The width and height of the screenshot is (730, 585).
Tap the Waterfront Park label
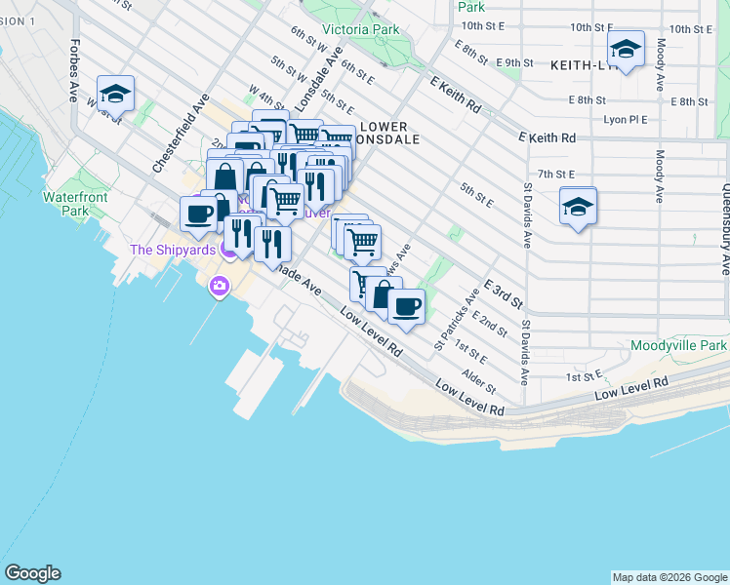(67, 203)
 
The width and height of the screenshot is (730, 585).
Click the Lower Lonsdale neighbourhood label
(389, 133)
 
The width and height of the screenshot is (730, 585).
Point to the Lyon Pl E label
(626, 120)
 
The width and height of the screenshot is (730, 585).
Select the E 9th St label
(513, 62)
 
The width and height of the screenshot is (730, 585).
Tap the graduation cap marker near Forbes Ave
(115, 93)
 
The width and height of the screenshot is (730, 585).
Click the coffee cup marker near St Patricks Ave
(406, 305)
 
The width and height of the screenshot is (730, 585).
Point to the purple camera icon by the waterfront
(220, 286)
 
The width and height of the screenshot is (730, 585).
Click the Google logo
(32, 573)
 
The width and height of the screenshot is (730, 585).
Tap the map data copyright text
(669, 577)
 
